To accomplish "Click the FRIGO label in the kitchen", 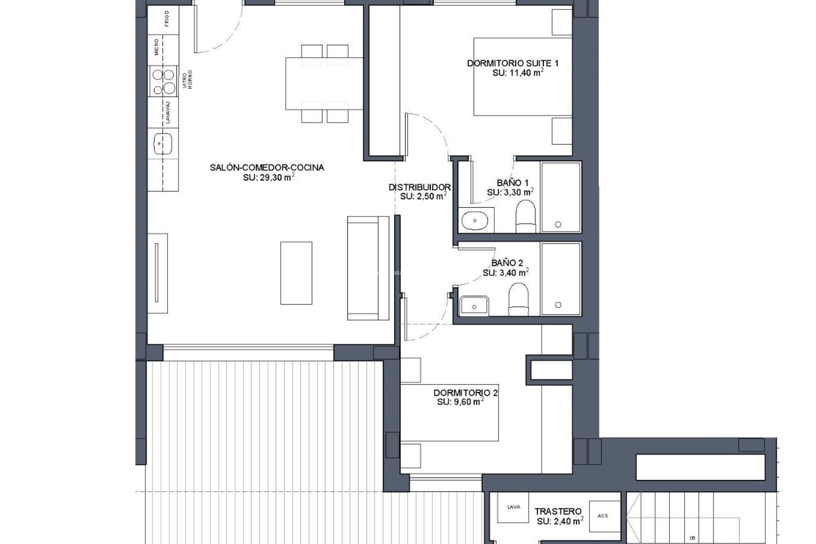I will (167, 19).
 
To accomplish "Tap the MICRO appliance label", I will (157, 47).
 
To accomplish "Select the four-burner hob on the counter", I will (164, 82).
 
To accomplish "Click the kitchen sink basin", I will (163, 144).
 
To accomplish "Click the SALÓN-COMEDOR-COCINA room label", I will (267, 167).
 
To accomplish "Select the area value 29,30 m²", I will (269, 178).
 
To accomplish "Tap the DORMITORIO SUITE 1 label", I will (513, 63).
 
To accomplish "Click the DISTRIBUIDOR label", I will (419, 187).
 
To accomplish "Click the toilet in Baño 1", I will (526, 215).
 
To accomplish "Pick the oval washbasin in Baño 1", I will (475, 221).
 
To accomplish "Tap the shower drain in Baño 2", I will (558, 305).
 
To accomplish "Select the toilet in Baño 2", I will (518, 298).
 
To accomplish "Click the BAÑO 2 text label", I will (507, 263).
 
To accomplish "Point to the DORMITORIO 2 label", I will (465, 393).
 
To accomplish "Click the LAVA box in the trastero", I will (513, 507).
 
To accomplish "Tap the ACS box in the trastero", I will (603, 516).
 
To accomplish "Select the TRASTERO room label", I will (558, 511).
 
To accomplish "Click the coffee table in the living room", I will (296, 273).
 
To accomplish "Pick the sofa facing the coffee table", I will (368, 268).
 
